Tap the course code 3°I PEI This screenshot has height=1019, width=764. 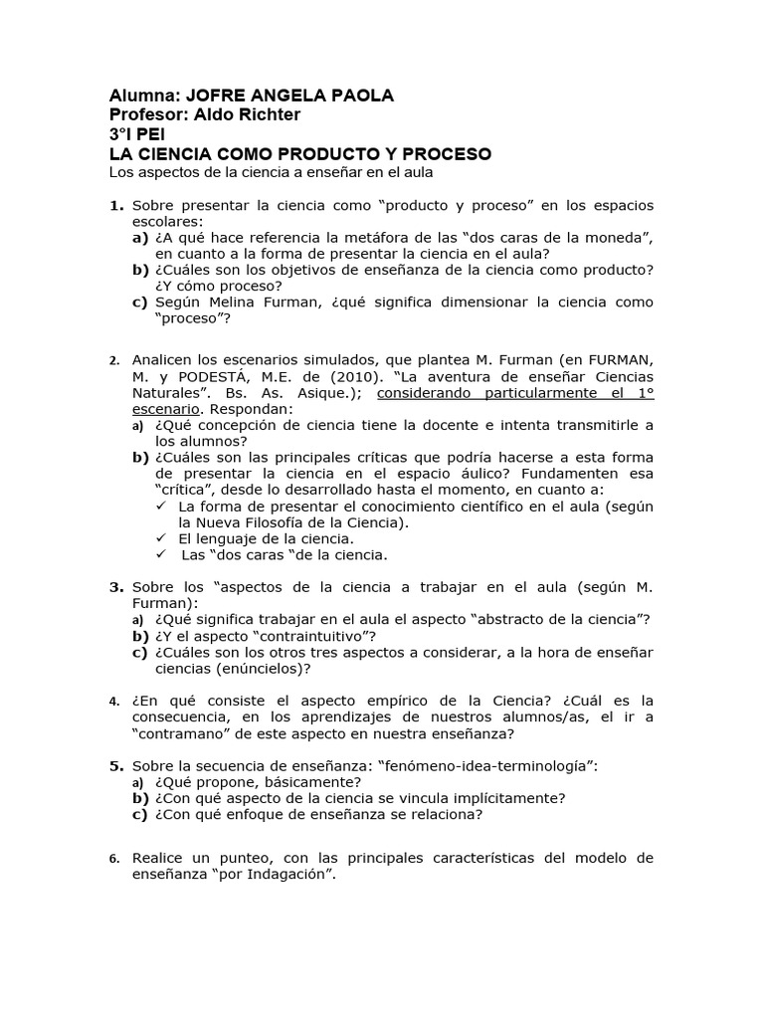[140, 135]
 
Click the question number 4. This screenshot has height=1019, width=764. [113, 702]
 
